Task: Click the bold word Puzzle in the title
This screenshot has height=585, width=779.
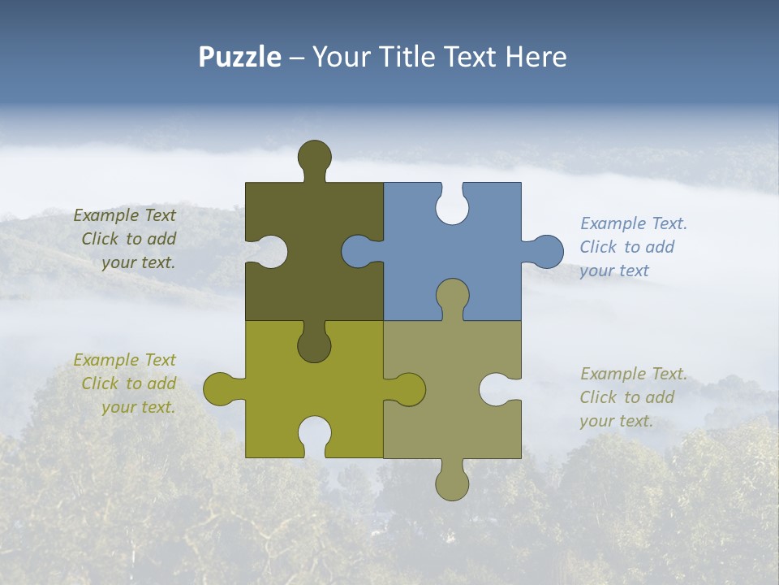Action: click(240, 57)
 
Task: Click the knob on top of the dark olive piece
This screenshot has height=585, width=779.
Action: click(315, 157)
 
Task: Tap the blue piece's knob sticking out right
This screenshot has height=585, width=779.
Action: click(545, 252)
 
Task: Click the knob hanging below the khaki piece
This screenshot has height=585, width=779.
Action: click(452, 483)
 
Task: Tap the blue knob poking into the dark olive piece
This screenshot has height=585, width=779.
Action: click(358, 251)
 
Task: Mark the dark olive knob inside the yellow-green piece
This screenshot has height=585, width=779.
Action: click(315, 344)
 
